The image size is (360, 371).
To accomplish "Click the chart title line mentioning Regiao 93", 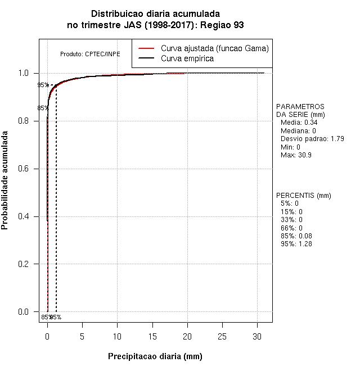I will click(155, 25).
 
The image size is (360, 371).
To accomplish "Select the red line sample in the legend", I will click(146, 48).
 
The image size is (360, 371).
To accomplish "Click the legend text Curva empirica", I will click(187, 58).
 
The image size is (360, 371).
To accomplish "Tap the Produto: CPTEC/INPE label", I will click(90, 54).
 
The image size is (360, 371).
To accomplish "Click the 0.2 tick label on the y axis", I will click(25, 264).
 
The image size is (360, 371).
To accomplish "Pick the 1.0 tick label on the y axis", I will click(25, 73).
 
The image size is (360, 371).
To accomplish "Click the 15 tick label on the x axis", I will click(153, 336).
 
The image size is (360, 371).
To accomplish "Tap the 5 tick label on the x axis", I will click(83, 336).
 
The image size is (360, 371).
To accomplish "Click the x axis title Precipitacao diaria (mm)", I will click(155, 356).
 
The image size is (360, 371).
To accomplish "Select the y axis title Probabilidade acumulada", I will click(6, 180).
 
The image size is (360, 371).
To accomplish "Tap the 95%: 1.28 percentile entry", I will click(296, 244).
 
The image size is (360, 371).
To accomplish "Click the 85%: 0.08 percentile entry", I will click(296, 236).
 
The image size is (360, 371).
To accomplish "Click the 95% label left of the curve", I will click(43, 85).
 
